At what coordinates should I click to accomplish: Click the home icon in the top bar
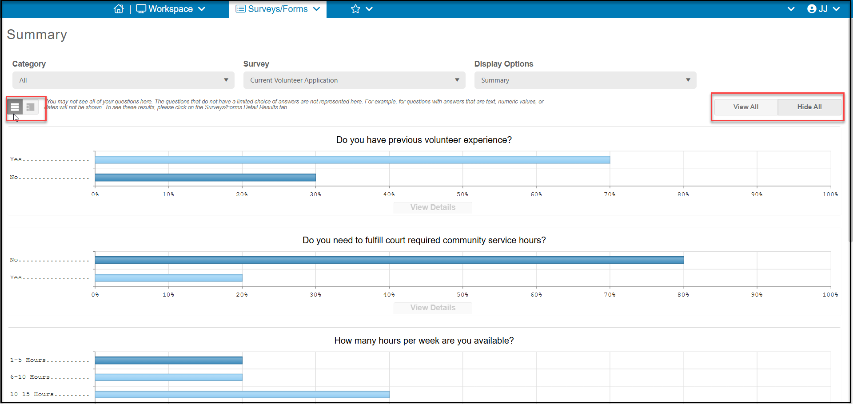(119, 9)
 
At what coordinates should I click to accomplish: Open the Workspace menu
(171, 9)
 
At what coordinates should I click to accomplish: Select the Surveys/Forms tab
(278, 9)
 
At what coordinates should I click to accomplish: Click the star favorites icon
(355, 9)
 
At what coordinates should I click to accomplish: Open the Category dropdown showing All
(124, 80)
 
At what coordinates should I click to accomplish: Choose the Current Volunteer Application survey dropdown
(355, 80)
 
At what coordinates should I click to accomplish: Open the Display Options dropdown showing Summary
(586, 80)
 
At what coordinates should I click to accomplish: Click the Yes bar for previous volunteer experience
(352, 160)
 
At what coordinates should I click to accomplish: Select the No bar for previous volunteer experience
(205, 178)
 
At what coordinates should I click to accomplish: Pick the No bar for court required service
(389, 260)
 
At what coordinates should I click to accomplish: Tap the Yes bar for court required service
(169, 278)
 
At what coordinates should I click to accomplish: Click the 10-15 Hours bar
(242, 395)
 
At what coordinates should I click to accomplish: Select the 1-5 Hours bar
(169, 360)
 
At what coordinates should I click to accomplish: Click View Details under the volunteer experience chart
(433, 207)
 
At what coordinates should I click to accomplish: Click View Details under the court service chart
(433, 308)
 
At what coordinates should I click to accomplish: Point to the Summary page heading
(37, 35)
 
